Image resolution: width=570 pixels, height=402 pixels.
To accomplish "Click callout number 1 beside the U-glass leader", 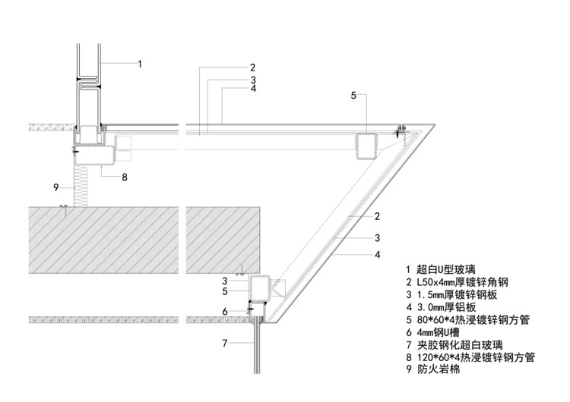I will coord(139,64).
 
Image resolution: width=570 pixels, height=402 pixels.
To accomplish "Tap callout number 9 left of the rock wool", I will coord(55,187).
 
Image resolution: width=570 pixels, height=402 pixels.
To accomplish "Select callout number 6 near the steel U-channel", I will coord(225,311).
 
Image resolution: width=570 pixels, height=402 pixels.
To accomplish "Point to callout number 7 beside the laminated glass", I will coord(224,343).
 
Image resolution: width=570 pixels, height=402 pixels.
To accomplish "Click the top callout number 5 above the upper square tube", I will coord(353,95).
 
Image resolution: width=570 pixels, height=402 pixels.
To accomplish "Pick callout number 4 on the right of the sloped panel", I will coord(378,255).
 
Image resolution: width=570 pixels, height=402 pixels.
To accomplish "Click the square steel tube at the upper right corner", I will coord(366,146).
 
